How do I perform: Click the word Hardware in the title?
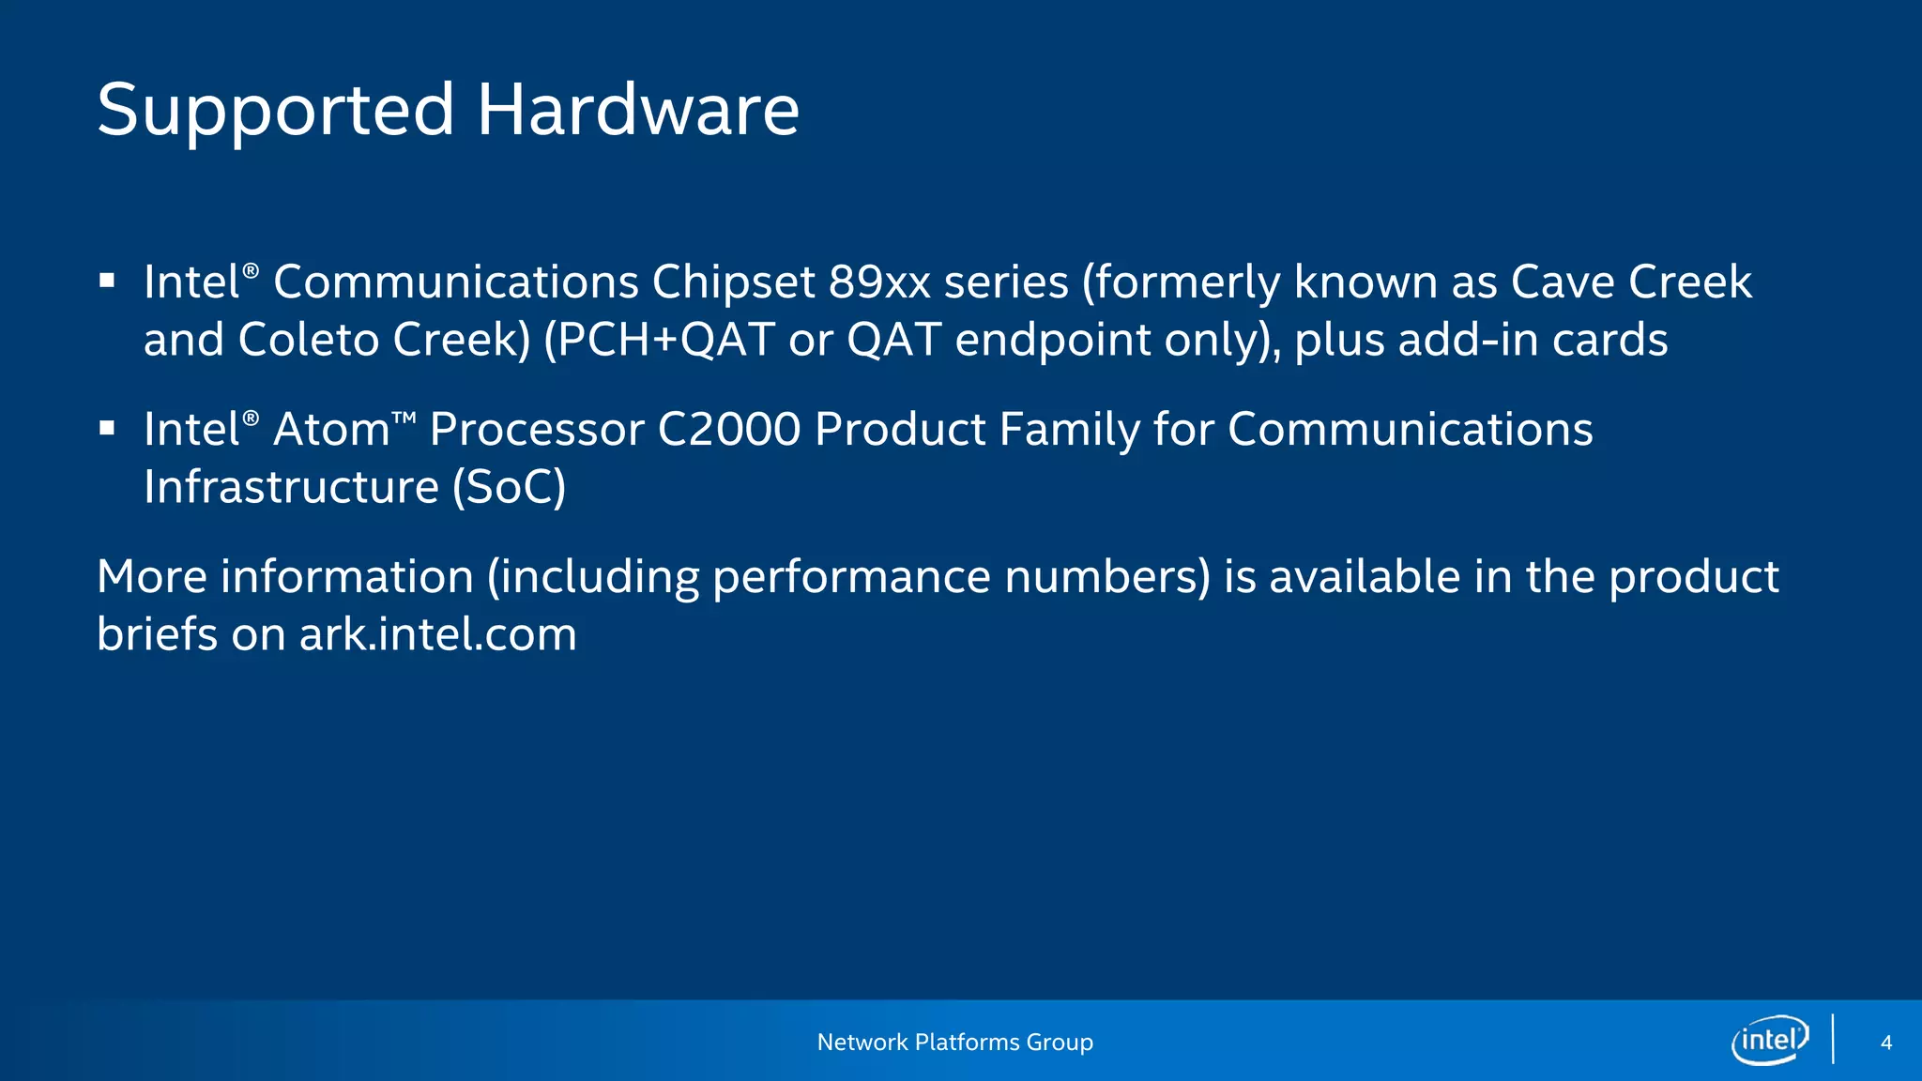click(638, 111)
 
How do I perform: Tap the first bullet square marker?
click(107, 281)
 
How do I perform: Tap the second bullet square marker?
click(107, 428)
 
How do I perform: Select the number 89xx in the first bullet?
click(879, 282)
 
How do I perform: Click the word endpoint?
click(1053, 340)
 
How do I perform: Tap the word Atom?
click(331, 430)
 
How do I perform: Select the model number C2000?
click(729, 430)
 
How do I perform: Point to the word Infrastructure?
click(291, 487)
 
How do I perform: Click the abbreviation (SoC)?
click(510, 487)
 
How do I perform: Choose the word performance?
click(851, 577)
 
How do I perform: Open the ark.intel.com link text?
click(438, 635)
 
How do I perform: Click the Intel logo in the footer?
click(1770, 1041)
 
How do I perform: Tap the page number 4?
click(1886, 1043)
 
